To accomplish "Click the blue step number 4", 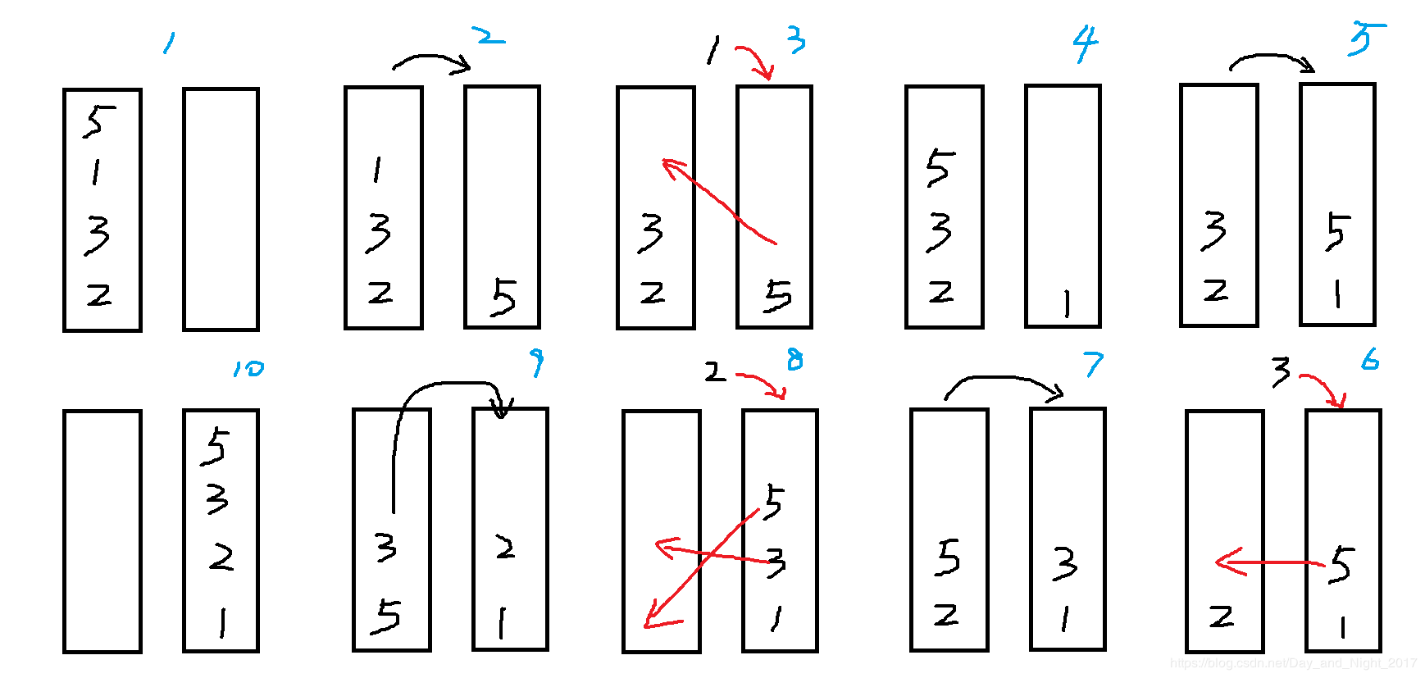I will coord(1085,44).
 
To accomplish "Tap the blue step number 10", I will coord(248,368).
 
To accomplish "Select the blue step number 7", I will coord(1094,364).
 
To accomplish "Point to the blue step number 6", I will coord(1370,359).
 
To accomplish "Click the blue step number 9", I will coord(536,362).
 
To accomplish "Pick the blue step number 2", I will coord(488,36).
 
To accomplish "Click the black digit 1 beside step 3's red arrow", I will coord(712,51).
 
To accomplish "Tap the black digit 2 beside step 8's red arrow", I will coord(715,373).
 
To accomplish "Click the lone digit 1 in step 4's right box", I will coord(1066,304).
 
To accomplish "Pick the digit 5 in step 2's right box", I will coord(503,296).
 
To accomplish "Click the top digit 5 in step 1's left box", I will coord(98,121).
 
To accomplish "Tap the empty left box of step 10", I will coord(102,531).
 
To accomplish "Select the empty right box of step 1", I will coord(221,209).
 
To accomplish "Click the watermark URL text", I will coord(1293,662).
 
